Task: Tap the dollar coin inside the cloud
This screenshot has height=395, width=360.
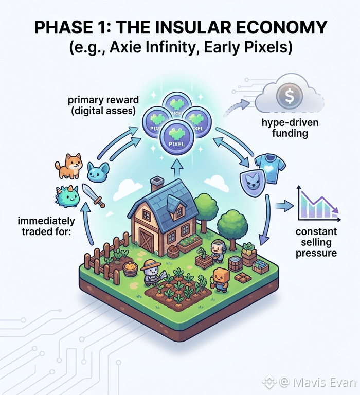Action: (284, 95)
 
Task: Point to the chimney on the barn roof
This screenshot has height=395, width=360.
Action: (157, 185)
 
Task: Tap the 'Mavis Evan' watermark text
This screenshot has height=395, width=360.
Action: (317, 382)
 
